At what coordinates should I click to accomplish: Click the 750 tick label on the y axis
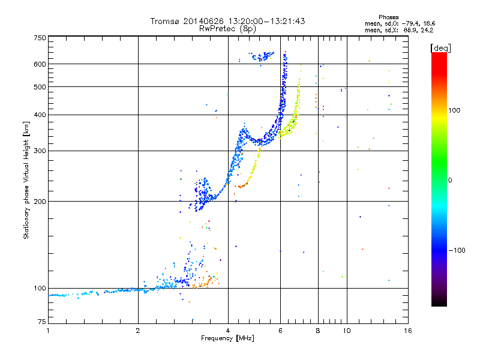tap(40, 38)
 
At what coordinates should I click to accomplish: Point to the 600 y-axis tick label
tap(40, 64)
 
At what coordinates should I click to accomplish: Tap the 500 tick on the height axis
tap(40, 87)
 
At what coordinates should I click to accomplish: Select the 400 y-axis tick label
tap(40, 115)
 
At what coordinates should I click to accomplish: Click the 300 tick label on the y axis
tap(40, 151)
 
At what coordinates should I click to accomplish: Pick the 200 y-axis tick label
tap(40, 201)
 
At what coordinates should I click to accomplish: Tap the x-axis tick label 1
tap(49, 331)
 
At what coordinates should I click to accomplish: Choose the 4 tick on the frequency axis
tap(228, 331)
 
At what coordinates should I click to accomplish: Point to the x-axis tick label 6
tap(281, 331)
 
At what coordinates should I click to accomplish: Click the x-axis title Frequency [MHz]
tap(227, 339)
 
